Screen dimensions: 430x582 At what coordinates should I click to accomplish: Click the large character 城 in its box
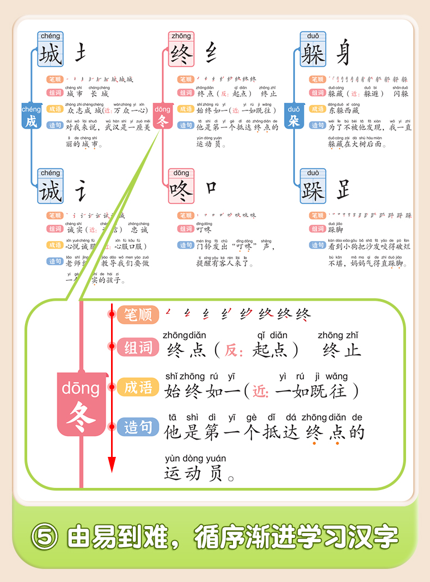(51, 55)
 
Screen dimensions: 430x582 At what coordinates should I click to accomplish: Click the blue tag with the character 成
(32, 116)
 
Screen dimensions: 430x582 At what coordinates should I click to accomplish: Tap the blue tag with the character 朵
(294, 116)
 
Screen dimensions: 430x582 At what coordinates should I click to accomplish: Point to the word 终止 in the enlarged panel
(342, 350)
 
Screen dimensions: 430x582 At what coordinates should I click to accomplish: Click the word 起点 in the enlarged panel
(271, 350)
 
